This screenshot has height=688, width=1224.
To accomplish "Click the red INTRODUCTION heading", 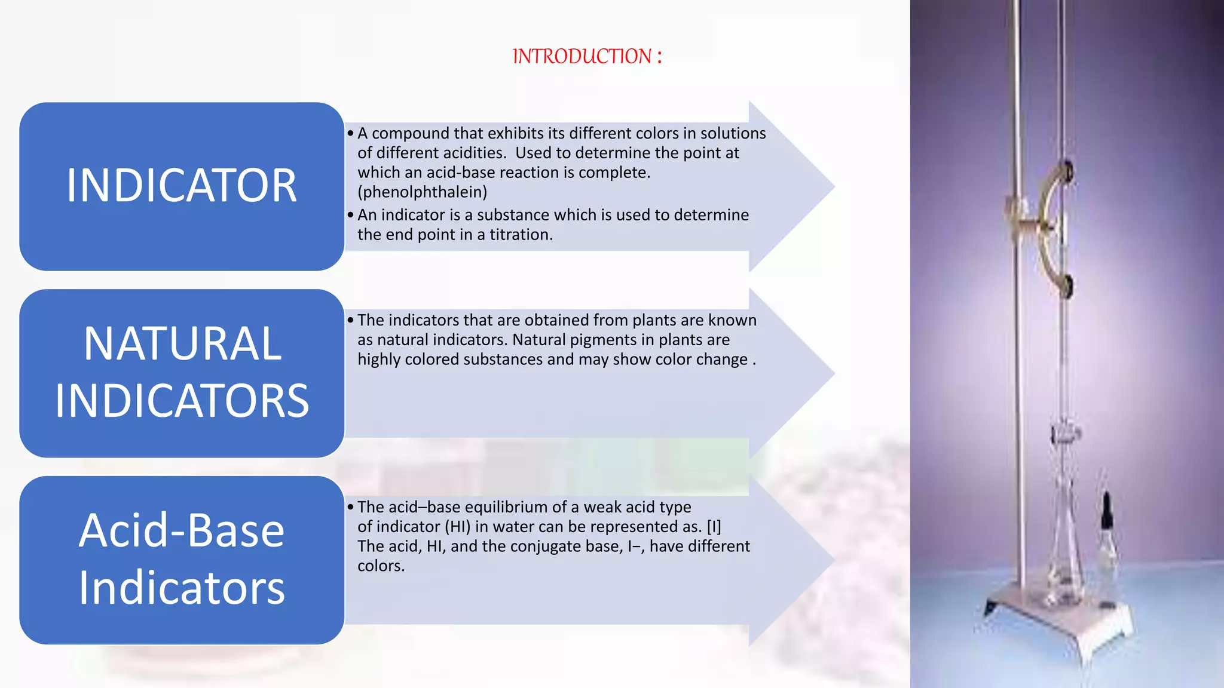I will pyautogui.click(x=587, y=56).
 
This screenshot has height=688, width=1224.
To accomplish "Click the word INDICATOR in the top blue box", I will pyautogui.click(x=182, y=186).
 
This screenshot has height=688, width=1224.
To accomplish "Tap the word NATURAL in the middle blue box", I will pyautogui.click(x=182, y=344).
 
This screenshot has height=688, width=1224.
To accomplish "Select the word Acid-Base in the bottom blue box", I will pyautogui.click(x=182, y=531).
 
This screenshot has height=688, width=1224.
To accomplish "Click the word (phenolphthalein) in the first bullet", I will pyautogui.click(x=422, y=192).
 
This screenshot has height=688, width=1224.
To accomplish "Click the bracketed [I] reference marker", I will pyautogui.click(x=714, y=527).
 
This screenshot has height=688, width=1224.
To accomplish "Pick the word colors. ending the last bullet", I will pyautogui.click(x=381, y=566).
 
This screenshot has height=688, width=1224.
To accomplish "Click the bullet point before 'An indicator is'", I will pyautogui.click(x=351, y=215).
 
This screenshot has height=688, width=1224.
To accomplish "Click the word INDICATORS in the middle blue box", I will pyautogui.click(x=182, y=401).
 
